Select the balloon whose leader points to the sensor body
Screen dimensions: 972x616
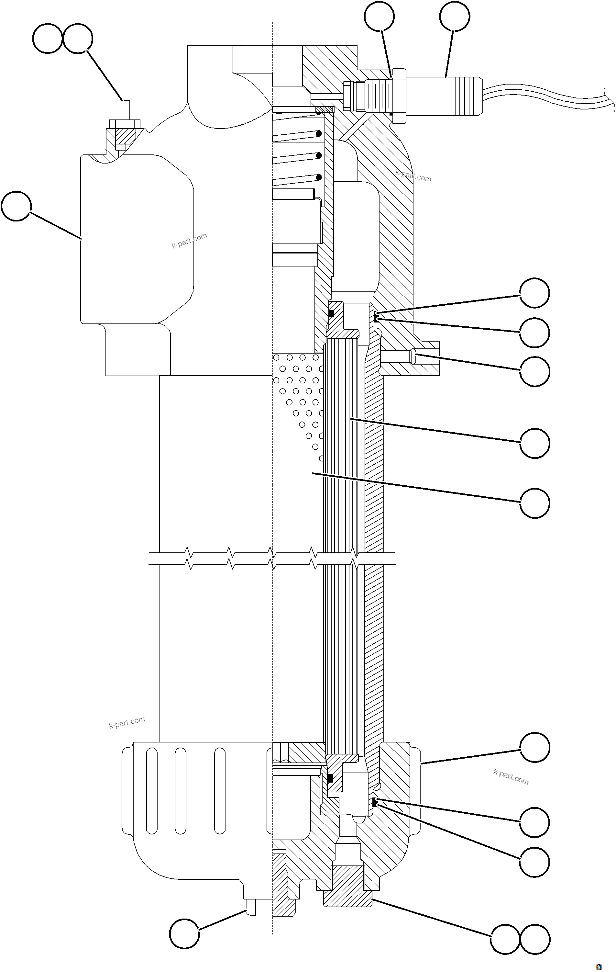point(454,16)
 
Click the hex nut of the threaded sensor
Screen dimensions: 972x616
point(399,95)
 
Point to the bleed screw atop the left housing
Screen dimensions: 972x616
point(126,109)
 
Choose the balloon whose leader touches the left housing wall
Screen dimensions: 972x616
point(16,206)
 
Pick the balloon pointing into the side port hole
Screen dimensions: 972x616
point(534,371)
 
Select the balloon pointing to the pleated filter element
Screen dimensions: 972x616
point(534,443)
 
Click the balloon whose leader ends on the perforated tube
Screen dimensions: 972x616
point(534,503)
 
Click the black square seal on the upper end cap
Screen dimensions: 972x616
point(331,313)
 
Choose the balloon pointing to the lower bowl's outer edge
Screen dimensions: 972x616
point(534,747)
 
